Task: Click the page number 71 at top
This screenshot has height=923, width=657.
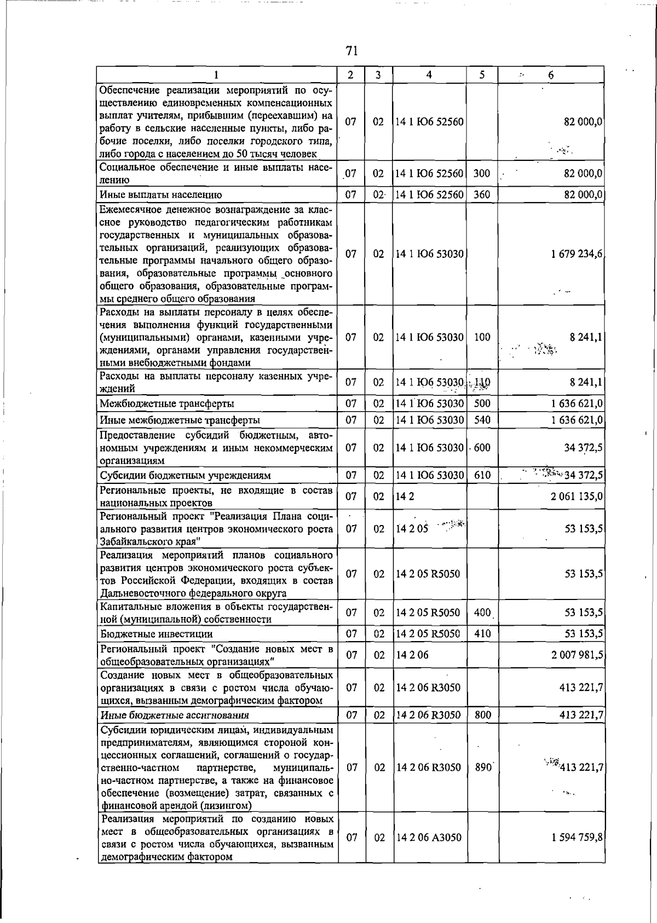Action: pos(351,51)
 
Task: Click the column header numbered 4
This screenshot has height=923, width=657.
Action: pos(429,75)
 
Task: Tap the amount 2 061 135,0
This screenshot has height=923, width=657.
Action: pos(577,497)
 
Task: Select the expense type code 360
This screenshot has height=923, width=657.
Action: pos(482,194)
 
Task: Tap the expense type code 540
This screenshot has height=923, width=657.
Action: pos(482,420)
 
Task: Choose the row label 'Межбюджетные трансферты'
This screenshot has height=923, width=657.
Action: pos(167,404)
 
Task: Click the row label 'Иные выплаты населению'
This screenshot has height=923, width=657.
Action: pos(161,194)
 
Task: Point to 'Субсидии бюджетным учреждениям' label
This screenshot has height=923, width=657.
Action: pos(186,475)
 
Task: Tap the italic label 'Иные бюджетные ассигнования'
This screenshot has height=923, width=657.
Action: pos(175,715)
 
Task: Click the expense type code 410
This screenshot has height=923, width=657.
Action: pos(482,634)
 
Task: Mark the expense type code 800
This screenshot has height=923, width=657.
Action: pos(482,715)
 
